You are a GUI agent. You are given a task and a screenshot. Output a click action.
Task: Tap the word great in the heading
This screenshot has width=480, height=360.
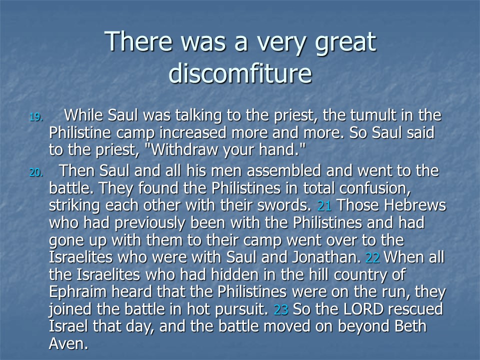pos(345,43)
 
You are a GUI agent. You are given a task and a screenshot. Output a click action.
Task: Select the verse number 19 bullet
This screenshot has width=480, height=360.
pos(36,117)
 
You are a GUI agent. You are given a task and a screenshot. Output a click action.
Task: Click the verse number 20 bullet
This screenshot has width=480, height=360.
pos(36,172)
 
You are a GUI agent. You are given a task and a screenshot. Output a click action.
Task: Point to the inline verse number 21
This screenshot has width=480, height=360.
pos(324,205)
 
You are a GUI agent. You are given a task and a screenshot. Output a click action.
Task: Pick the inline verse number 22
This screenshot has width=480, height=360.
pos(372,258)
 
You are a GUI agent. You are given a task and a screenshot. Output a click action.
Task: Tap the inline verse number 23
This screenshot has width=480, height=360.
pos(281,310)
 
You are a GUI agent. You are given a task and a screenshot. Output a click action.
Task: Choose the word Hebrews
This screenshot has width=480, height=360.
pos(415,205)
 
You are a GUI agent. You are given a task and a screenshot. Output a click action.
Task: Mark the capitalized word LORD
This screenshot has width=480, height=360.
pos(363,309)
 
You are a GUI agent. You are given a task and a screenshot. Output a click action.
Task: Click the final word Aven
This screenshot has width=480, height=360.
pos(68,344)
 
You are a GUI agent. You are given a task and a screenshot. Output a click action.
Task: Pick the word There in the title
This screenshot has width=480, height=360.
pos(138,41)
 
